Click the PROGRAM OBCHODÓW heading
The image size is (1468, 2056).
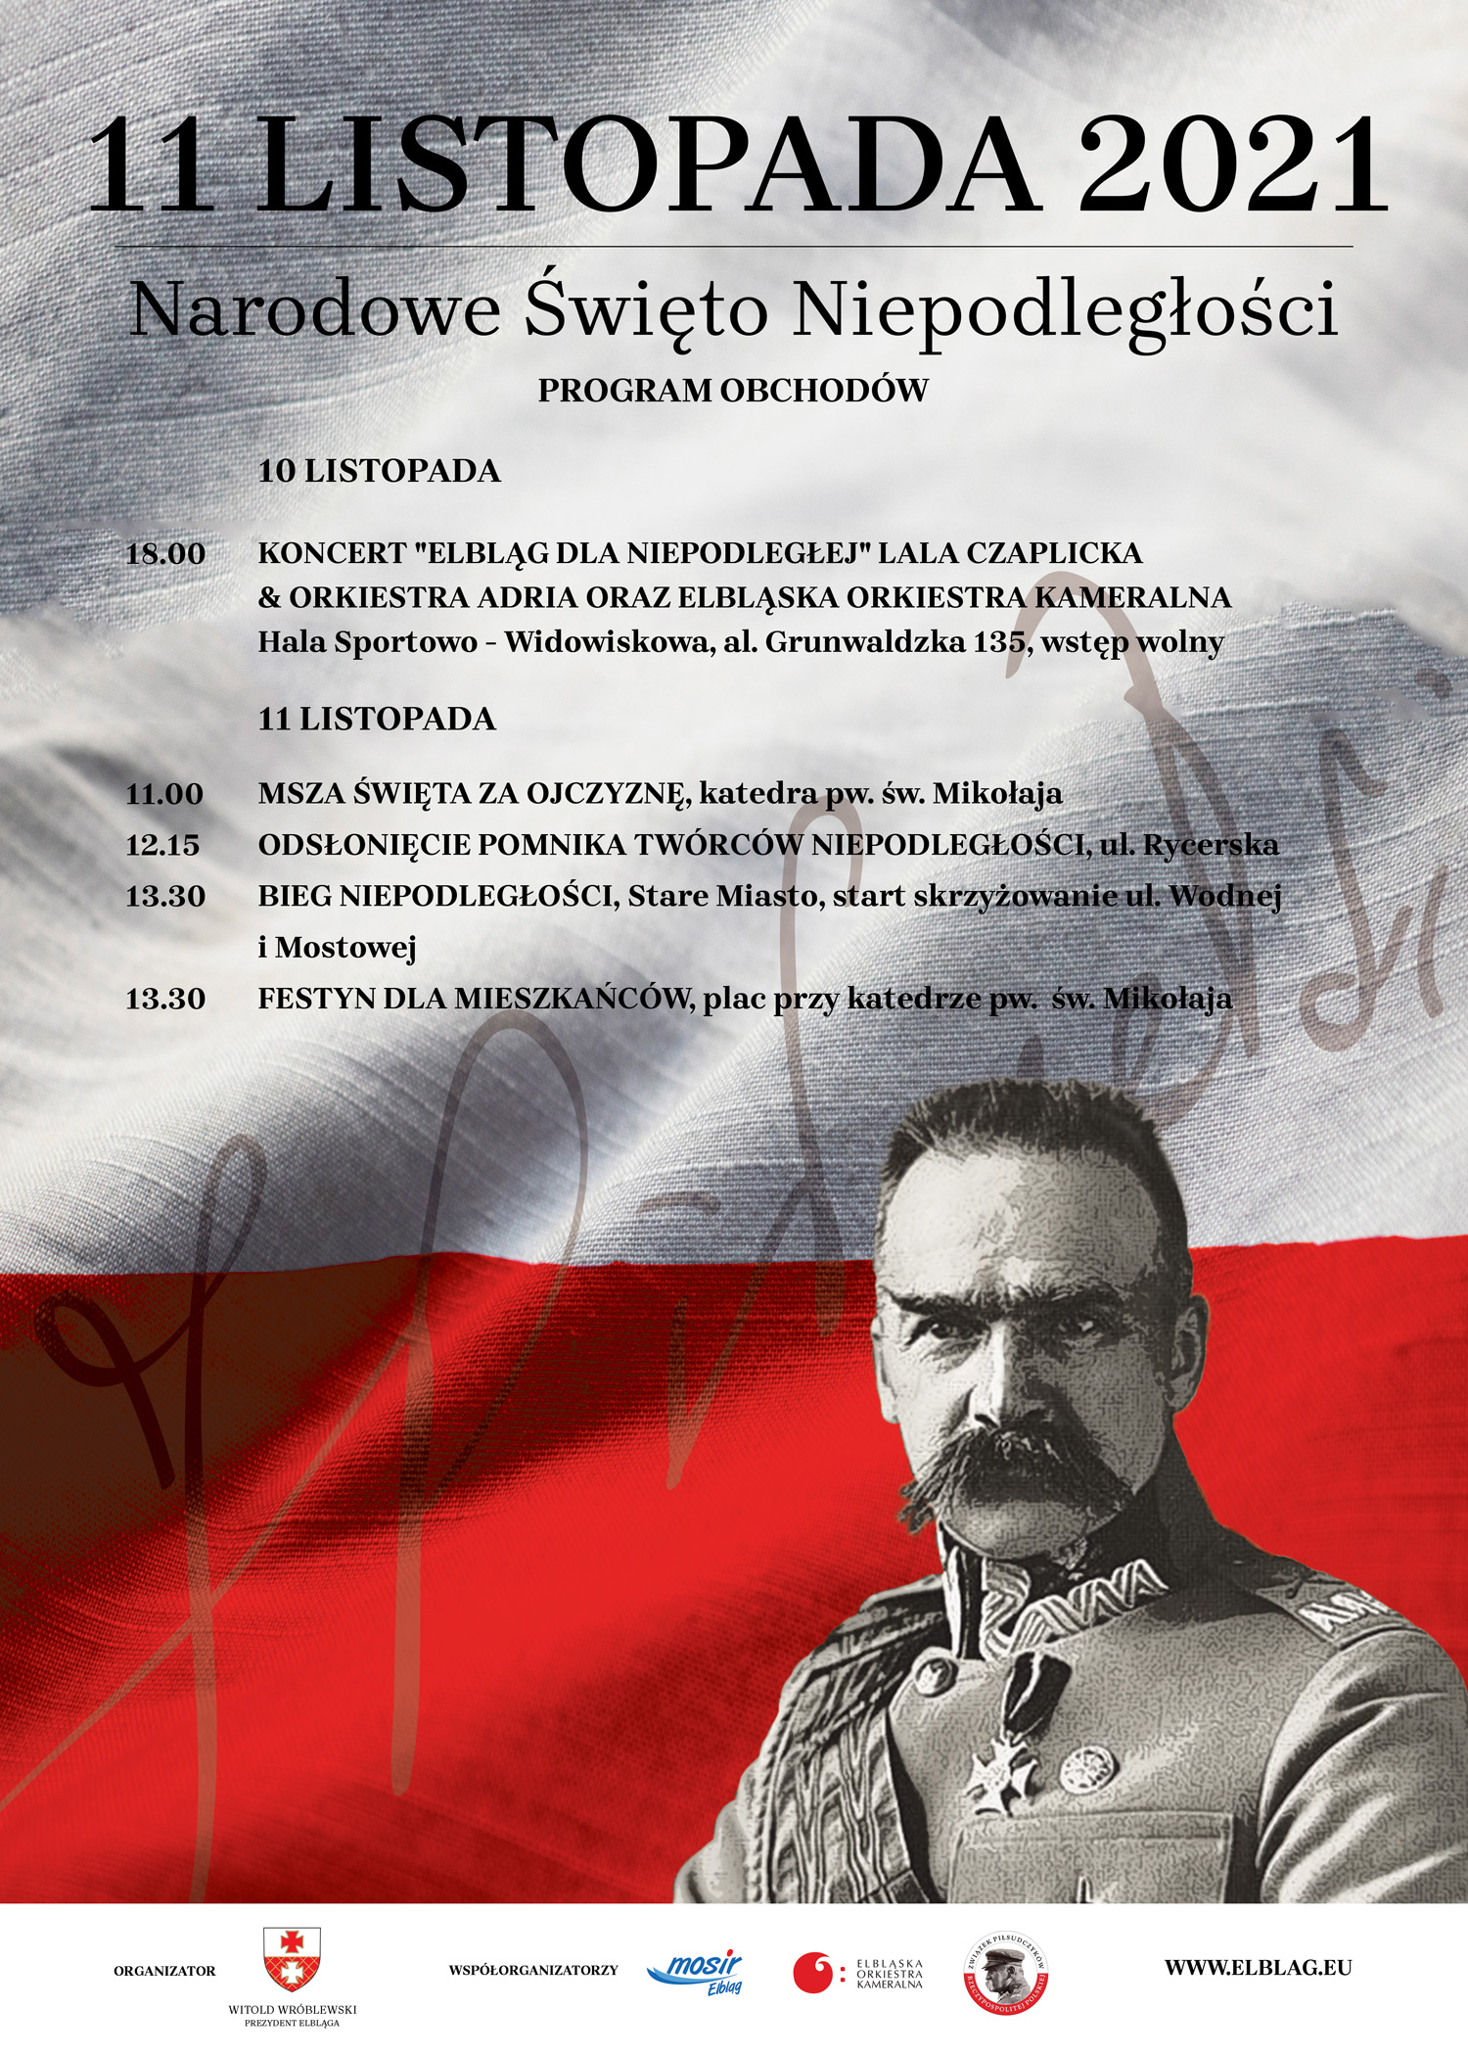(x=733, y=390)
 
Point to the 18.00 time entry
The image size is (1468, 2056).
(x=165, y=554)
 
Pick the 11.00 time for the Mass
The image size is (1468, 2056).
(x=164, y=794)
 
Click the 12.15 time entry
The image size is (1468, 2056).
(x=162, y=845)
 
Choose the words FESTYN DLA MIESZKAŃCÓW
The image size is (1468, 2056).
(x=470, y=1000)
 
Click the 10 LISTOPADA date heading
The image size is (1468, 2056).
(x=379, y=471)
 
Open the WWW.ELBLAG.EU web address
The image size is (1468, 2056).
(x=1258, y=1967)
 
